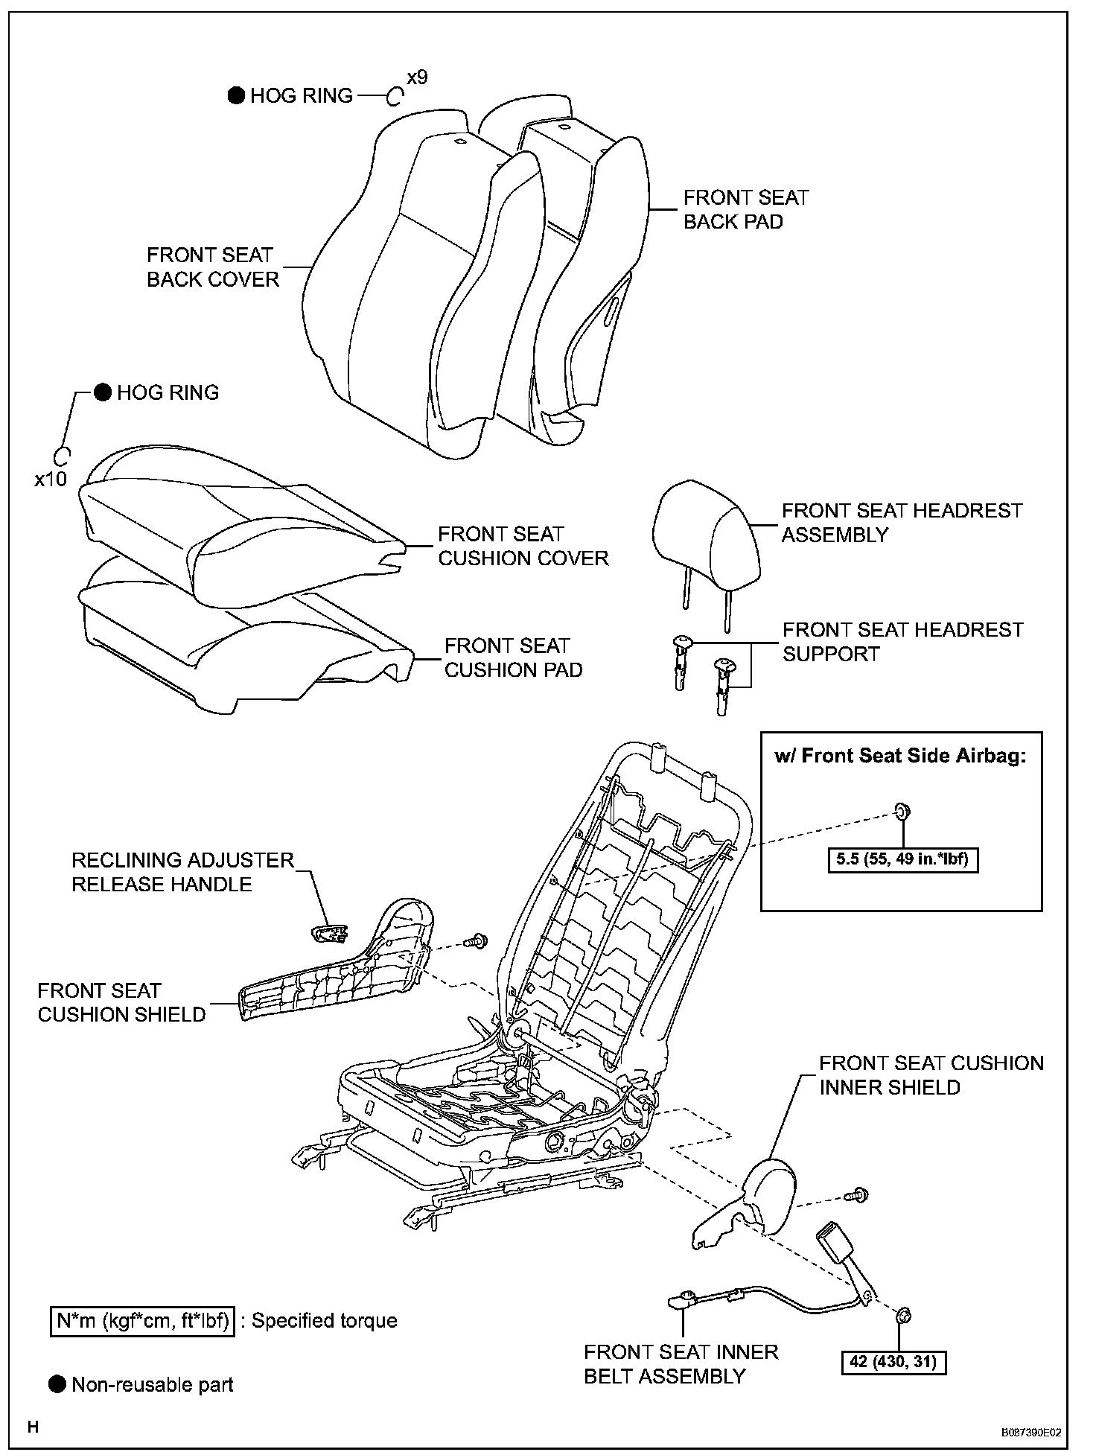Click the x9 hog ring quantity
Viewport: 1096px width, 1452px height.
tap(417, 77)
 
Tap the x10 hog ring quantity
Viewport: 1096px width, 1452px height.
tap(51, 479)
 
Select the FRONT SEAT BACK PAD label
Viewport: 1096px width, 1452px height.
tap(745, 209)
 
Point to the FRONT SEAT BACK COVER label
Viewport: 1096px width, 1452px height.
tap(212, 267)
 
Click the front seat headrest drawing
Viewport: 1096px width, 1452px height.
tap(707, 529)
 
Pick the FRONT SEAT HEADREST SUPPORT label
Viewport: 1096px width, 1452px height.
tap(902, 641)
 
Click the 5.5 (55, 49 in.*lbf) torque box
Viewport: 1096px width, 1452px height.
tap(902, 859)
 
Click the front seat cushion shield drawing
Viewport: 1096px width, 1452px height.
tap(335, 968)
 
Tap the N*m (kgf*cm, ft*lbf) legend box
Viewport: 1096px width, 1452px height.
tap(142, 1320)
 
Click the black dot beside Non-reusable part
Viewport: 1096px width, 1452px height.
tap(57, 1384)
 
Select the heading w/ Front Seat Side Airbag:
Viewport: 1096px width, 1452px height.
tap(900, 756)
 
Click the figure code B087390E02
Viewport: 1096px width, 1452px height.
tap(1030, 1431)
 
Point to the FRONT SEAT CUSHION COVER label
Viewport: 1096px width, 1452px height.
tap(523, 546)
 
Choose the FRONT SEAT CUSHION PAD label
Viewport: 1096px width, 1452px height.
tap(513, 657)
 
